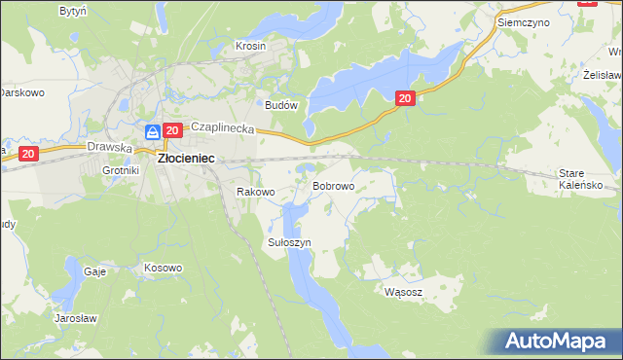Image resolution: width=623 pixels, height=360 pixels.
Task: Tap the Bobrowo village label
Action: click(332, 185)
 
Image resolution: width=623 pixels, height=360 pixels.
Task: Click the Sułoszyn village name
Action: click(288, 241)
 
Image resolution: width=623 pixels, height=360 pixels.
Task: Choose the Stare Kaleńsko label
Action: click(588, 178)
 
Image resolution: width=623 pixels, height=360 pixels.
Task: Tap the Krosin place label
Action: click(250, 46)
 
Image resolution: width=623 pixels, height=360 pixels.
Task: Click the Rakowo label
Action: click(256, 192)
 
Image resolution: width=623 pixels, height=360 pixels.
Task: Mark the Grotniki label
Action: click(122, 170)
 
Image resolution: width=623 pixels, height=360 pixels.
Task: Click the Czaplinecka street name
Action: click(222, 127)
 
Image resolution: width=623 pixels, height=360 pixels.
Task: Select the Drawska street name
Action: click(108, 147)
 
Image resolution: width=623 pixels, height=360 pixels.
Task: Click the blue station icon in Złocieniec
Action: click(152, 131)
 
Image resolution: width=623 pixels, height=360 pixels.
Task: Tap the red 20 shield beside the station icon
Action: click(172, 131)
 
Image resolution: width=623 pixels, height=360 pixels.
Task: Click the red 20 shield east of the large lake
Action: click(406, 97)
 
